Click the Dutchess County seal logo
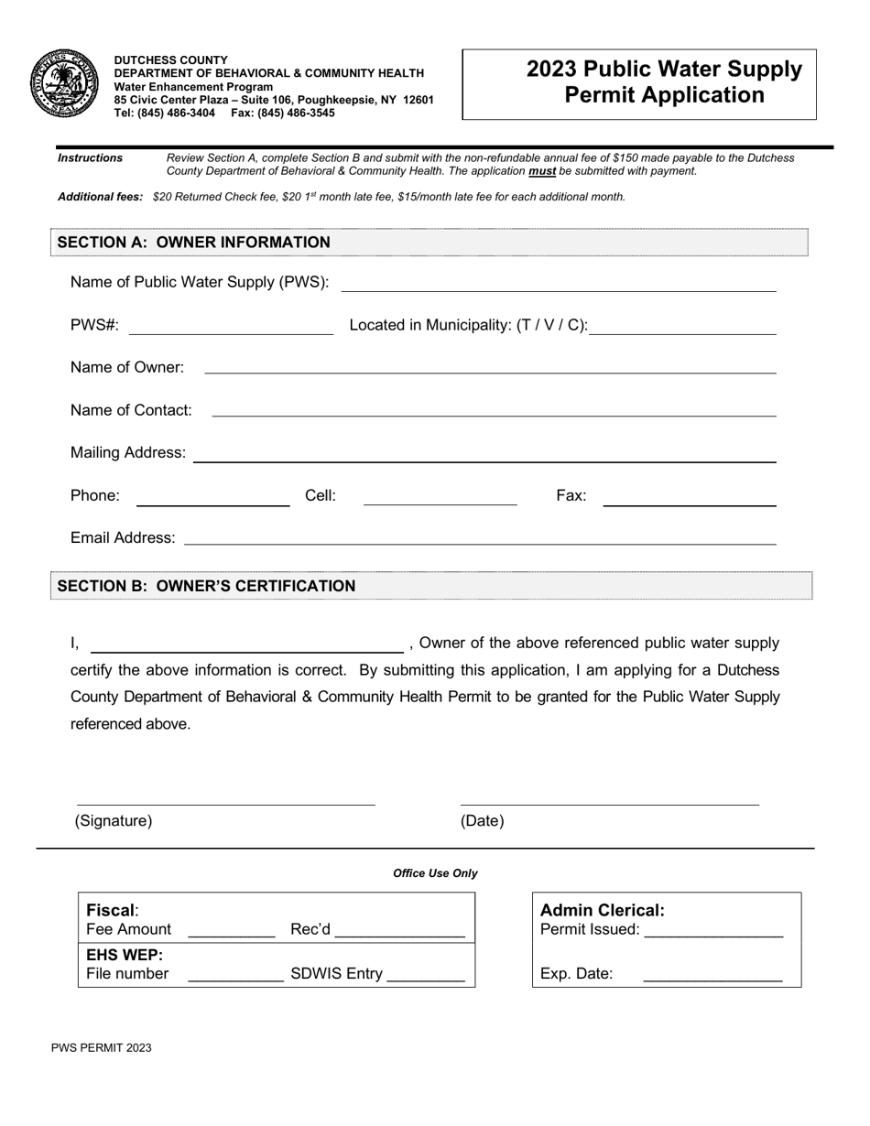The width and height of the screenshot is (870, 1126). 65,83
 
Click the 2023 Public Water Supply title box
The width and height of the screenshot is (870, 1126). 638,83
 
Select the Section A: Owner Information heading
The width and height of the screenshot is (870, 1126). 193,243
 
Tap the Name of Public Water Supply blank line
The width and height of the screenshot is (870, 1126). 558,286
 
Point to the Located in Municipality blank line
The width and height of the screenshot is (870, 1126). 682,330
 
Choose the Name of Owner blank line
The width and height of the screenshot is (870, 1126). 490,369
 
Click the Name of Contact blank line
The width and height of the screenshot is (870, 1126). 494,412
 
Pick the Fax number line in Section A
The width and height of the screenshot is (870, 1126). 690,501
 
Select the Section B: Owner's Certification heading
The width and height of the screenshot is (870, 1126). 206,586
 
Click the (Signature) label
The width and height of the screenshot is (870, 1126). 114,821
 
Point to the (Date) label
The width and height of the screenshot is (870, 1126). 482,821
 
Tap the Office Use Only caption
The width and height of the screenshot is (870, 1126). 435,873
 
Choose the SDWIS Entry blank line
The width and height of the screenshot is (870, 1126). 426,978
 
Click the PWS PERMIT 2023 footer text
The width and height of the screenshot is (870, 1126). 102,1048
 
